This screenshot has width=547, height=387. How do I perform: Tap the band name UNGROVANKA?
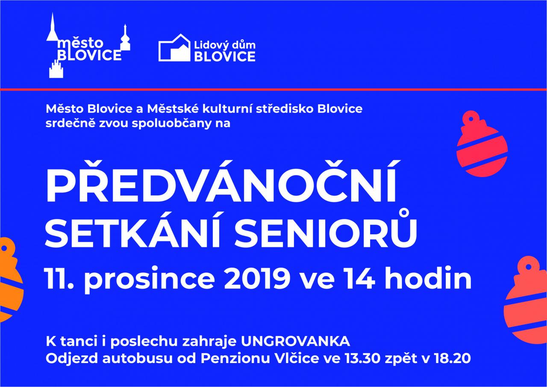pos(295,341)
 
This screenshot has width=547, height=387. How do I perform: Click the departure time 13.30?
pos(363,358)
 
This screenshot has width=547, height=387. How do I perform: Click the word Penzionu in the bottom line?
pos(235,358)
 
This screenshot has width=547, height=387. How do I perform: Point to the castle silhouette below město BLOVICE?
pos(56,69)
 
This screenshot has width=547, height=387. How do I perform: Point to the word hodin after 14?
pos(428,278)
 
